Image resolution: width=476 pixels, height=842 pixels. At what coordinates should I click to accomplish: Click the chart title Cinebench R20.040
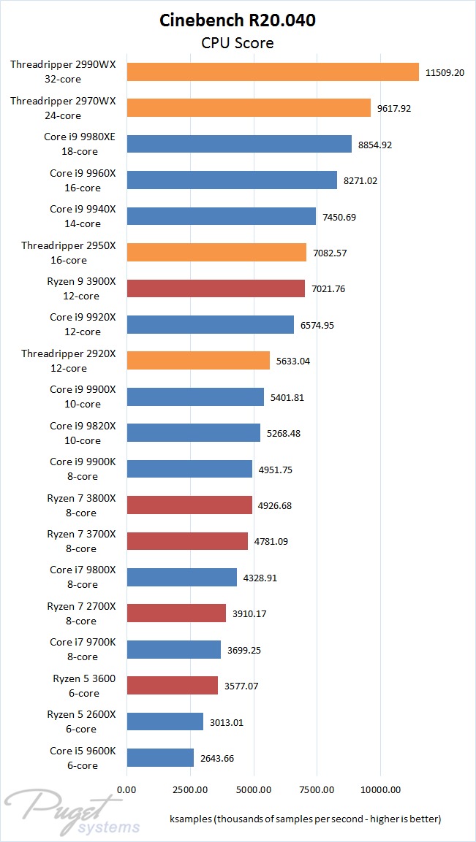coord(238,20)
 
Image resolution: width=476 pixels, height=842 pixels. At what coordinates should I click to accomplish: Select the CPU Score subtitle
coord(238,43)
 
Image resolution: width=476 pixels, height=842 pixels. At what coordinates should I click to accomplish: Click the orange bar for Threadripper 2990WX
coord(272,72)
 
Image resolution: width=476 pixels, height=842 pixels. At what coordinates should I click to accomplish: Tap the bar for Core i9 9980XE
coord(238,144)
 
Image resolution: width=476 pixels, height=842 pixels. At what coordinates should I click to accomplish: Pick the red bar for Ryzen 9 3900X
coord(215,288)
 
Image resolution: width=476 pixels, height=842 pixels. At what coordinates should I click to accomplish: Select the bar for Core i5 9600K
coord(159,758)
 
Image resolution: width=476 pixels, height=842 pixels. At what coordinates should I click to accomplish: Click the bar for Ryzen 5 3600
coord(172,685)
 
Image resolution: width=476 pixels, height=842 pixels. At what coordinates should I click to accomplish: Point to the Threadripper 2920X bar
coord(197,361)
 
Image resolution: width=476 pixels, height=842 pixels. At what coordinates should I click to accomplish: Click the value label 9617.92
coord(395,108)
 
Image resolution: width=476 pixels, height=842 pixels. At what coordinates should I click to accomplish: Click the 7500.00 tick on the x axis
coord(317,789)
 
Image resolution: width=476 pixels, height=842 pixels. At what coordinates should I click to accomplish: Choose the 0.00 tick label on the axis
coord(126,789)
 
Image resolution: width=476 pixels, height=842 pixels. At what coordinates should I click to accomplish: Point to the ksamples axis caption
coord(304,818)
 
